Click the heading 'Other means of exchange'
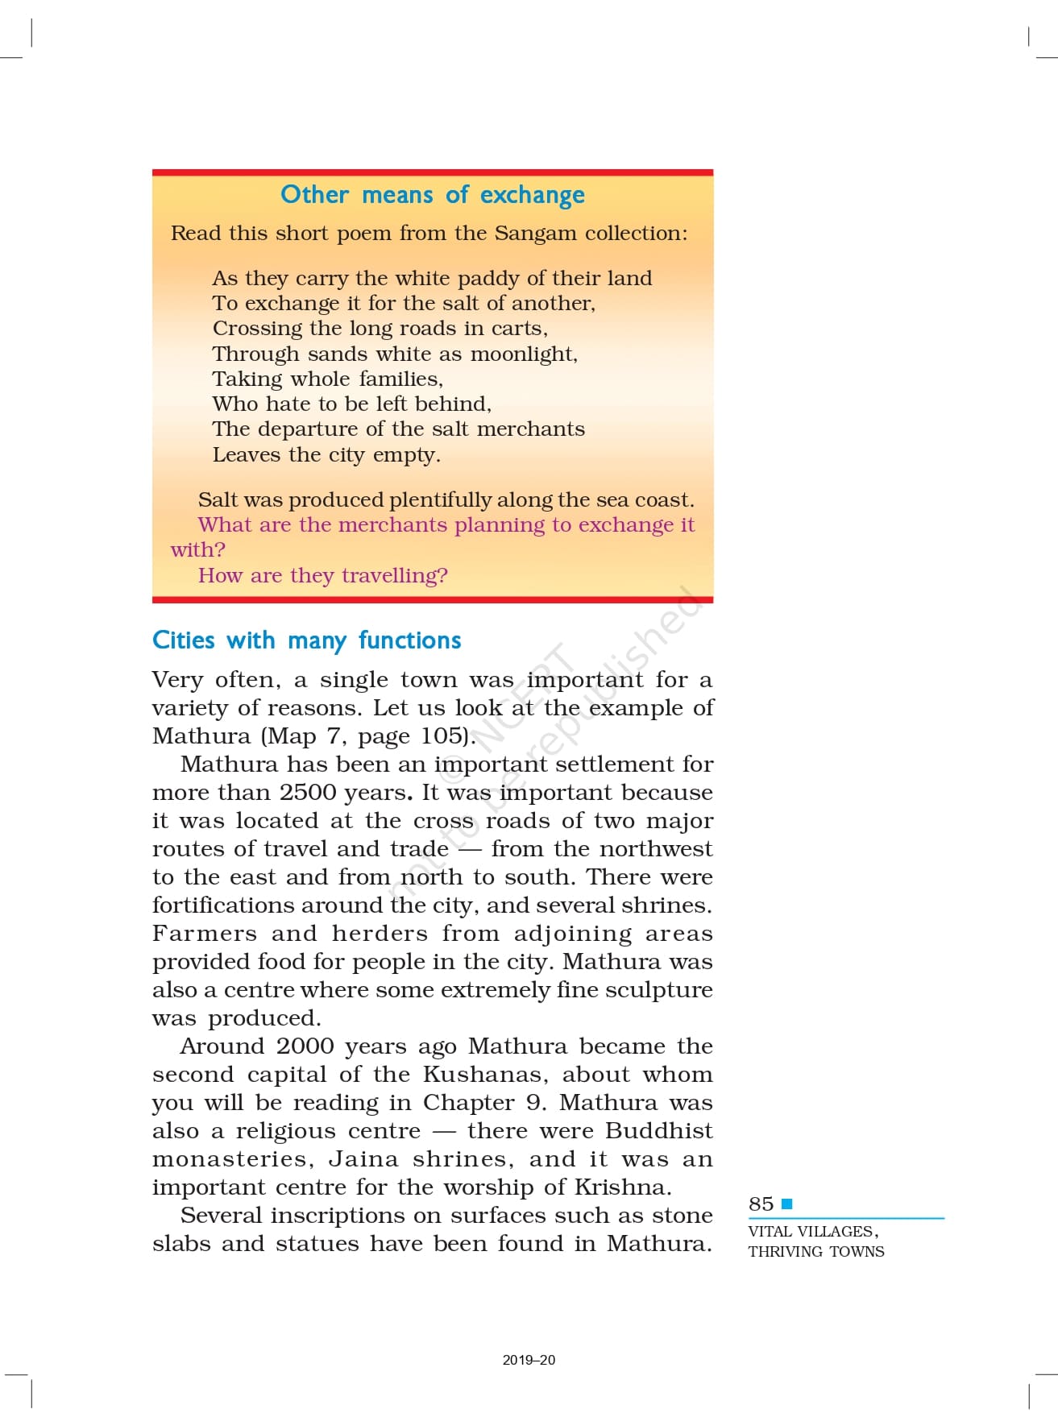(x=433, y=195)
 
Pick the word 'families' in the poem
(x=400, y=379)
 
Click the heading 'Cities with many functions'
(x=306, y=640)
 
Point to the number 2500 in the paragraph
(x=308, y=793)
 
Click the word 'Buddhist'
(x=658, y=1131)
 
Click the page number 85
(x=761, y=1204)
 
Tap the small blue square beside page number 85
(x=787, y=1204)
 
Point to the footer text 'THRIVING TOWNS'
(x=815, y=1252)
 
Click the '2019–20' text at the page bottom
(x=529, y=1360)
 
